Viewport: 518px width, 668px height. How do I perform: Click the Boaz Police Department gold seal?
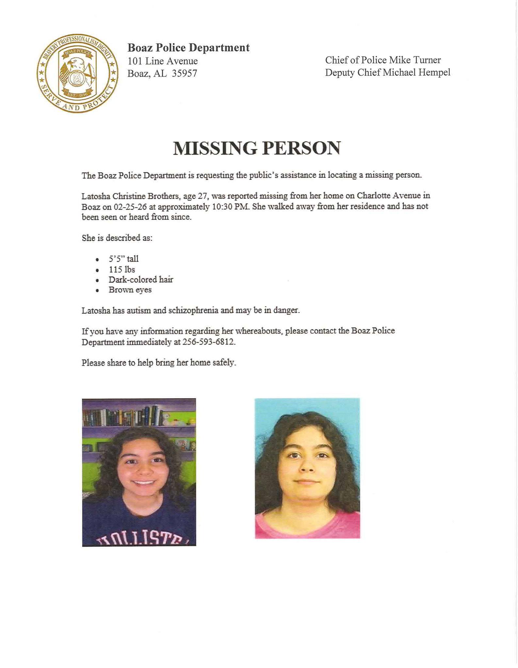click(x=77, y=73)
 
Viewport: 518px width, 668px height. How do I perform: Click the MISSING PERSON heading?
click(x=257, y=148)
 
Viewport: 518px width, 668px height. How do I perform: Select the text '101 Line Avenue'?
click(x=162, y=61)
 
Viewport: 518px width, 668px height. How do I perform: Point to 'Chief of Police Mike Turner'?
click(x=382, y=60)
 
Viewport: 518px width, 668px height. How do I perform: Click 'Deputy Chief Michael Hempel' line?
click(x=387, y=72)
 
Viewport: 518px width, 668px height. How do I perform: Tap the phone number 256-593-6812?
click(x=208, y=342)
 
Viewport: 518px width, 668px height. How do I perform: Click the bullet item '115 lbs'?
click(x=122, y=269)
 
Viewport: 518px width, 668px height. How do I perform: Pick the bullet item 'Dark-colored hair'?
click(x=141, y=280)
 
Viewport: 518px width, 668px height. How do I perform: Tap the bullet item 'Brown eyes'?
click(x=130, y=290)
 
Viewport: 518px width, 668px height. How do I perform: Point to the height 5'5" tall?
click(x=123, y=259)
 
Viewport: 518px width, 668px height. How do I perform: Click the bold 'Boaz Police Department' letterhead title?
click(x=188, y=48)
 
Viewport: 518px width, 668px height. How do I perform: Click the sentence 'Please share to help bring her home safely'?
click(x=159, y=363)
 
